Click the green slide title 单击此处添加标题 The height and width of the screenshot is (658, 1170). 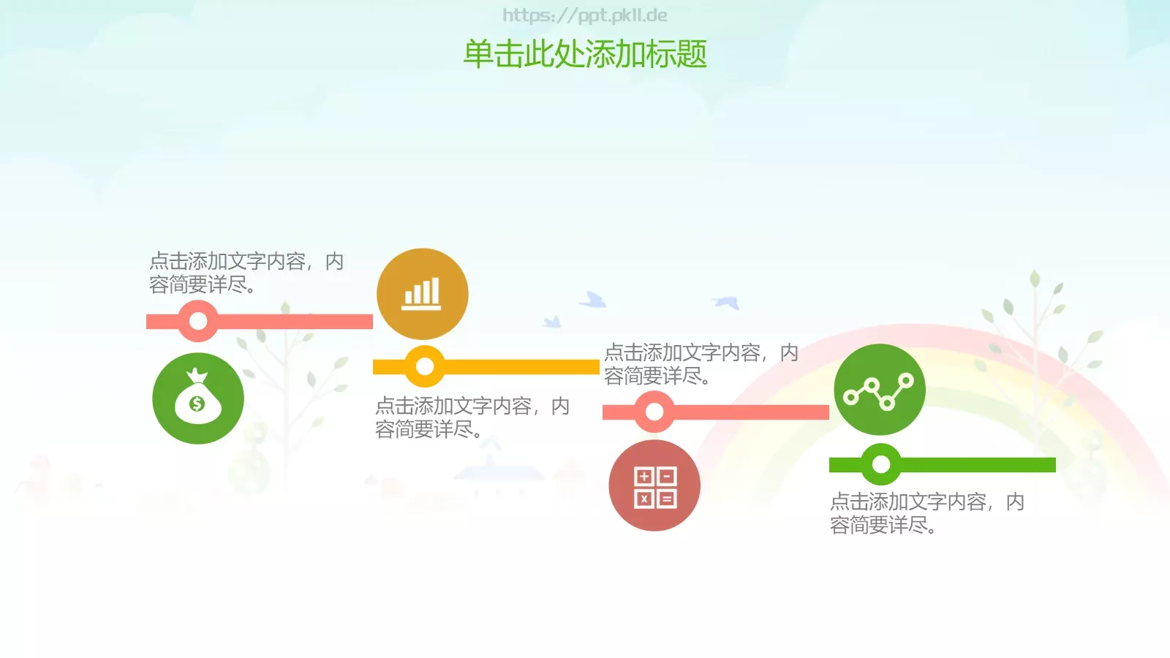point(585,54)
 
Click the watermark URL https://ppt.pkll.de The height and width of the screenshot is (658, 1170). point(585,15)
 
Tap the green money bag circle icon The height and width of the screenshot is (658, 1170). point(198,398)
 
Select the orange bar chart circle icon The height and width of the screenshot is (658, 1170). point(423,294)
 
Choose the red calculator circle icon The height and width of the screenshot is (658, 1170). point(654,485)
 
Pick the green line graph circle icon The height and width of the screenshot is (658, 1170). point(880,390)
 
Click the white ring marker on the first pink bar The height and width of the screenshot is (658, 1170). point(198,321)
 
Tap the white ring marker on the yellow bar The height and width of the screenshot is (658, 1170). point(425,367)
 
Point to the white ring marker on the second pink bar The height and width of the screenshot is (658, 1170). point(654,412)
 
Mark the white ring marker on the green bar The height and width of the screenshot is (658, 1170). point(881,464)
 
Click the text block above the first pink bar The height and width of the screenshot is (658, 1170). point(246,273)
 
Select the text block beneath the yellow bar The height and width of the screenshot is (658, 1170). point(472,417)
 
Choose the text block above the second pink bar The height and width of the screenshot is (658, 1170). point(701,364)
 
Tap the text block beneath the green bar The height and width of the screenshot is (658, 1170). point(926,513)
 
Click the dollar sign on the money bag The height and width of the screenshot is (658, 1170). point(197,404)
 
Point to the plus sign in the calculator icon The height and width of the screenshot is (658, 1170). point(644,477)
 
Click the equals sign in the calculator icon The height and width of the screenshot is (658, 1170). point(667,499)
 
